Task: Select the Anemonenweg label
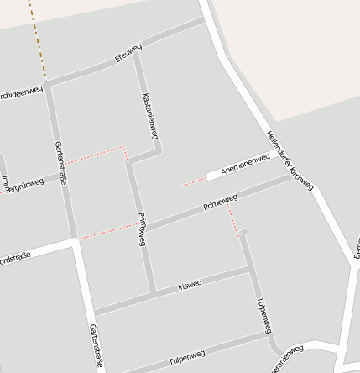(x=244, y=165)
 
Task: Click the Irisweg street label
(x=190, y=285)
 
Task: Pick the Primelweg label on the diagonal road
(x=221, y=202)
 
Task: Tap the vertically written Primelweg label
(x=142, y=228)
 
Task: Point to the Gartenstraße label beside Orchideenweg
(x=59, y=161)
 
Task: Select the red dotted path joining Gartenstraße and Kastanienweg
(x=97, y=154)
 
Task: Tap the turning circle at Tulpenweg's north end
(x=243, y=231)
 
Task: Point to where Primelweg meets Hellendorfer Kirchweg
(x=291, y=177)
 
